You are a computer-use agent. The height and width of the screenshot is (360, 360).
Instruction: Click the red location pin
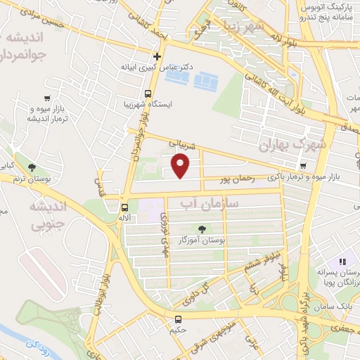click(181, 166)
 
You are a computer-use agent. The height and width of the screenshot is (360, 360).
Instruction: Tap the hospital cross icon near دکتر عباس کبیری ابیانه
click(157, 56)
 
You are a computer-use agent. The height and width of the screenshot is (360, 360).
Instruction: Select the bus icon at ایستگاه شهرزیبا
click(148, 94)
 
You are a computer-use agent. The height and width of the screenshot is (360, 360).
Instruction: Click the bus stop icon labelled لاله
click(124, 207)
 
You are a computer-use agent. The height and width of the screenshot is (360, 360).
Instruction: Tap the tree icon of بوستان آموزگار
click(202, 229)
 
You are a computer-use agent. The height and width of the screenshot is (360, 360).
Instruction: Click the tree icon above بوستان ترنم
click(32, 167)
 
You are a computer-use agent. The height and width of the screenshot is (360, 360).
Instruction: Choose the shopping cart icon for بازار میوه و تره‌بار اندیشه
click(46, 98)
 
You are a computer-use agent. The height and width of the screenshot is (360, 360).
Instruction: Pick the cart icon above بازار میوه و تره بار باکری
click(303, 166)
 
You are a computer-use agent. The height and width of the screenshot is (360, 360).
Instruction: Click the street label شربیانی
click(178, 143)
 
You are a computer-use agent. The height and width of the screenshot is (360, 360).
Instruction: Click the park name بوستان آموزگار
click(202, 241)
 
